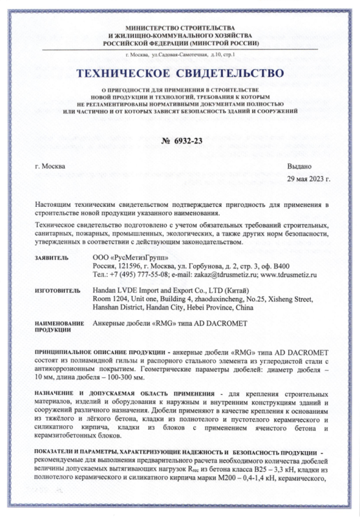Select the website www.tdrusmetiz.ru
(x=290, y=274)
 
